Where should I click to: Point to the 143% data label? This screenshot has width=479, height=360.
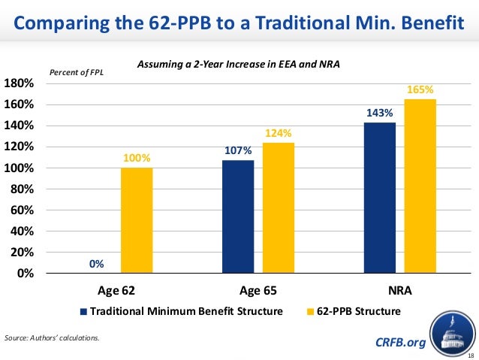[x=379, y=113]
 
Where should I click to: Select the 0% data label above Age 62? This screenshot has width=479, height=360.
[x=96, y=264]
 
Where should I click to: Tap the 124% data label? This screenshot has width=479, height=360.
[x=277, y=134]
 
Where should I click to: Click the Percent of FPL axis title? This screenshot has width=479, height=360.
[x=77, y=72]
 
